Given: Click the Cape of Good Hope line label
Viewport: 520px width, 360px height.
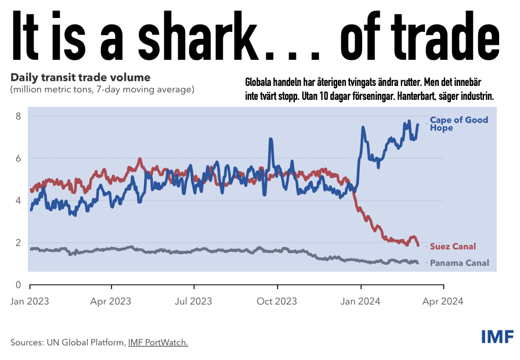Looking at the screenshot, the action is (459, 124).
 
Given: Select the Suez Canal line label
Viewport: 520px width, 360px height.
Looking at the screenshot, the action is (453, 247).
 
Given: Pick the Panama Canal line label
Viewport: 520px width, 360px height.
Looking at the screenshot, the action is (459, 263).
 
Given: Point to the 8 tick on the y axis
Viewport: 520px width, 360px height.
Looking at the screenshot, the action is (18, 116).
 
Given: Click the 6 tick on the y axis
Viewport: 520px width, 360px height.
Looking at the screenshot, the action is (18, 159).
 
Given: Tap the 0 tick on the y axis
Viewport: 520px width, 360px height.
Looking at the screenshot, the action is (18, 285).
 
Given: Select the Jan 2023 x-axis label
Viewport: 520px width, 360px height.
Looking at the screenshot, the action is (30, 301).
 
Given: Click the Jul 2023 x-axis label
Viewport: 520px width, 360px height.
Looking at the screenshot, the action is (193, 301).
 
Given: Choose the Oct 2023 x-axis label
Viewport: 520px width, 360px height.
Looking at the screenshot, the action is (277, 301).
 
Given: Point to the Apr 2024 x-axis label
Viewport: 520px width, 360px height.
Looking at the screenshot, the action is (443, 301).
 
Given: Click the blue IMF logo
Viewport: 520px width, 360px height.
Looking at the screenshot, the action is (498, 337).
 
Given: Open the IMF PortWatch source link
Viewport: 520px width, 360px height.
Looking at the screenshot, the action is (158, 343).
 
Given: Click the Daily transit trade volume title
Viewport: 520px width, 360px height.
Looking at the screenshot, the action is (81, 78).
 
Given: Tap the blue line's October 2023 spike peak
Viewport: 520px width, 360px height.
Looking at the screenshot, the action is (271, 139).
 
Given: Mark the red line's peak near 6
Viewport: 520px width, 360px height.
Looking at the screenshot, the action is (140, 159).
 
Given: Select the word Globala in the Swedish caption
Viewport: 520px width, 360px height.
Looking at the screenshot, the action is (258, 82).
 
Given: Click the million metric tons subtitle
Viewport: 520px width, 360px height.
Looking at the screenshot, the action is (102, 89).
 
